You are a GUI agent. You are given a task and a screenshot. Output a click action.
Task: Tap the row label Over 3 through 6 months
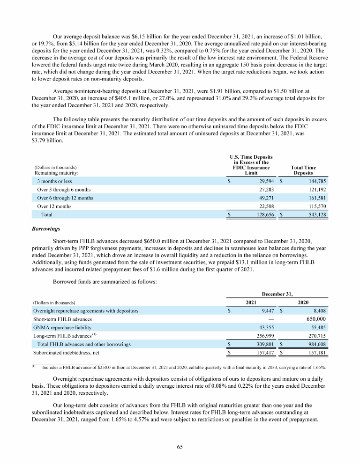tap(64, 189)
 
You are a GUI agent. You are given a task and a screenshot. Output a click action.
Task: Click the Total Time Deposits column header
tap(303, 170)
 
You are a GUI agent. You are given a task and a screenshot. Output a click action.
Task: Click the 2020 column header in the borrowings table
tap(303, 303)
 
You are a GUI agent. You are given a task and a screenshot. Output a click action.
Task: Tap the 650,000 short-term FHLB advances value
tap(315, 319)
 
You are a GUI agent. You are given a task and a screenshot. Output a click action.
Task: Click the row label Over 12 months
tap(54, 206)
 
